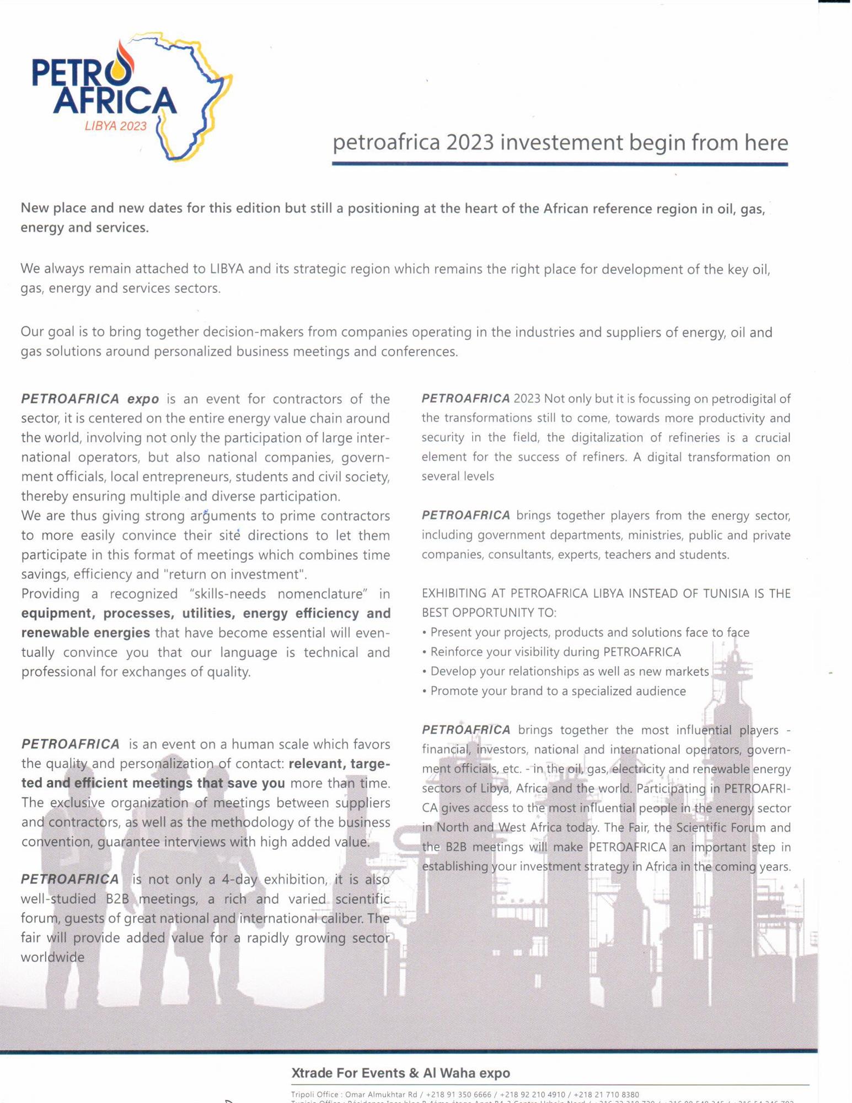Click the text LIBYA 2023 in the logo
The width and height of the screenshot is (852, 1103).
point(116,126)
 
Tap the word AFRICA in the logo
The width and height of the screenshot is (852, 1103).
point(115,100)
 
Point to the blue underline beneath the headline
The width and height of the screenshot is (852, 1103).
point(560,164)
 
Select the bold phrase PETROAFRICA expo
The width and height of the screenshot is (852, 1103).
point(90,399)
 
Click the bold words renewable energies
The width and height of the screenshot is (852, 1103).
point(85,633)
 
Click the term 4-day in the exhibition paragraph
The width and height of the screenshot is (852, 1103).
point(239,879)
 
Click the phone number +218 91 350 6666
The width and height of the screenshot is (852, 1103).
point(458,1095)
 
